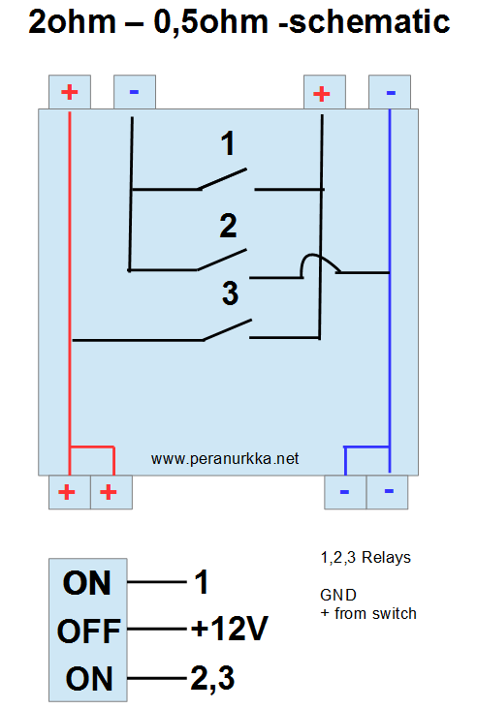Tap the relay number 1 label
tap(228, 143)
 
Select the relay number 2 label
tap(228, 226)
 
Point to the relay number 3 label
tap(230, 293)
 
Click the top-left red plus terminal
tap(70, 92)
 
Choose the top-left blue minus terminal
tap(135, 92)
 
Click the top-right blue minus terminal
tap(390, 92)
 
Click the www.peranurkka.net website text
tap(225, 459)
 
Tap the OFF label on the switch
tap(88, 631)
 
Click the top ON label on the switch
tap(87, 583)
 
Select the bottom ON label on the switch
tap(88, 679)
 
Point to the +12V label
tap(230, 628)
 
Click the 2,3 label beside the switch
tap(212, 678)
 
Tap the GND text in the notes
tap(338, 595)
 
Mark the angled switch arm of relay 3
tap(227, 329)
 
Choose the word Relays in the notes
tap(387, 558)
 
